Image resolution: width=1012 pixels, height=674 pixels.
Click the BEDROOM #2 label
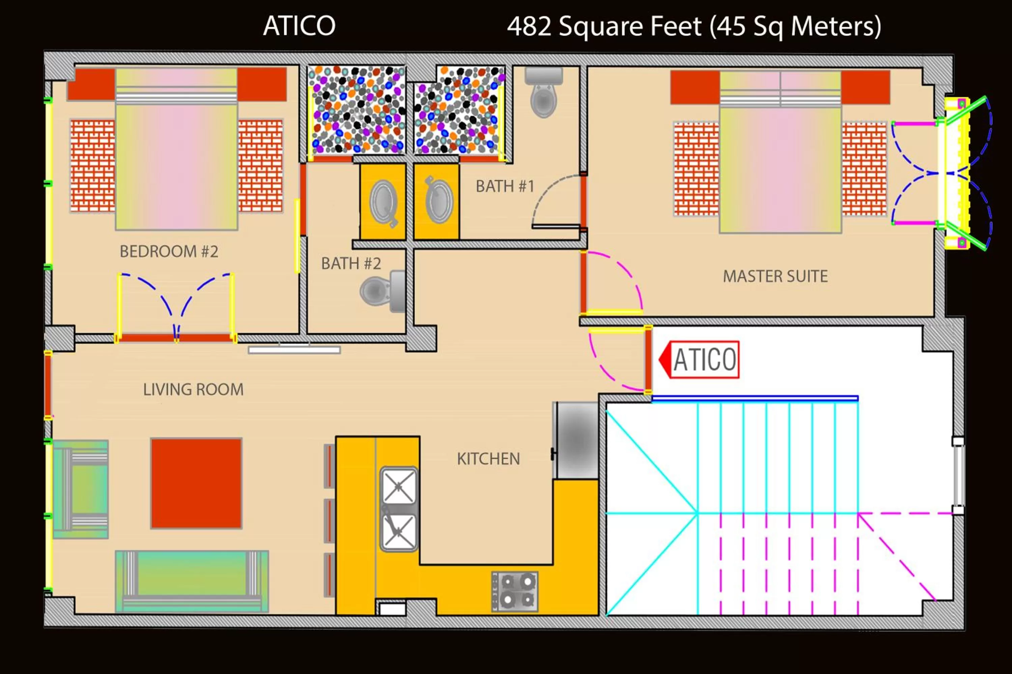tap(169, 251)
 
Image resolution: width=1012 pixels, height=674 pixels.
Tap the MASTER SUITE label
tap(775, 276)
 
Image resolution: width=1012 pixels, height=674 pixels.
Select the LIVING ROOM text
tap(193, 390)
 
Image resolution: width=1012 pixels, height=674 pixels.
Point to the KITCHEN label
tap(488, 459)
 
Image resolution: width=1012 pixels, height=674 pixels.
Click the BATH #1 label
tap(505, 187)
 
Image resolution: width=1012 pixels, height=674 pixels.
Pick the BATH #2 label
tap(351, 264)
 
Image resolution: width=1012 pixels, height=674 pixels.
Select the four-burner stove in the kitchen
tap(515, 591)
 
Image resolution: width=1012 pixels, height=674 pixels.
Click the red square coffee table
tap(196, 483)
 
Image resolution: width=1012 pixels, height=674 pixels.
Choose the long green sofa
tap(192, 581)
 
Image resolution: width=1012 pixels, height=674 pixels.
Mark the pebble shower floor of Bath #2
tap(357, 110)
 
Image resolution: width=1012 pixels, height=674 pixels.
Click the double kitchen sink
tap(399, 509)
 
